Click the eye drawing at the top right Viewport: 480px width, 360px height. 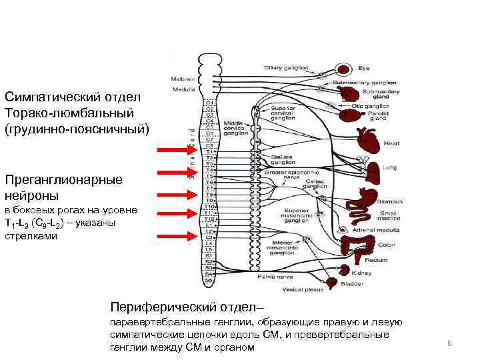(344, 69)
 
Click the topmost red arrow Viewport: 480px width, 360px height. (173, 151)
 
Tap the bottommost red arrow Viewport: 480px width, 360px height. (173, 235)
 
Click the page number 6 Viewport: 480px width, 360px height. (449, 343)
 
